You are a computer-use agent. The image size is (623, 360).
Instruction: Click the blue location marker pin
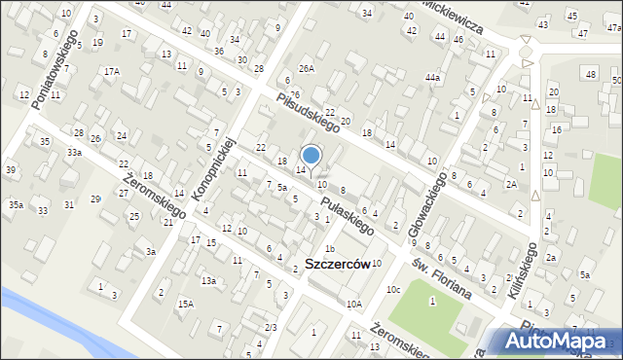[x=311, y=155]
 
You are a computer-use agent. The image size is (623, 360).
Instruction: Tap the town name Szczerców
[x=337, y=264]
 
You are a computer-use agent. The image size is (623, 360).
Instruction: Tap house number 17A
[x=113, y=71]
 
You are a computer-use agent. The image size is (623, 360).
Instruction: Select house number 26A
[x=307, y=68]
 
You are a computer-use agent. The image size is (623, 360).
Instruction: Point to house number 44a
[x=432, y=77]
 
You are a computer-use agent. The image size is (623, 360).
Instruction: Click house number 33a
[x=74, y=153]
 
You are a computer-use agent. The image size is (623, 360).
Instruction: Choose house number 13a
[x=208, y=280]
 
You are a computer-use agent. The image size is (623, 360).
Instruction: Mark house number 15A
[x=185, y=305]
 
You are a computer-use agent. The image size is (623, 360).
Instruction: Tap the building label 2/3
[x=272, y=327]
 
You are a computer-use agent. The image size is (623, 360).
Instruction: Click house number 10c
[x=392, y=289]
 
